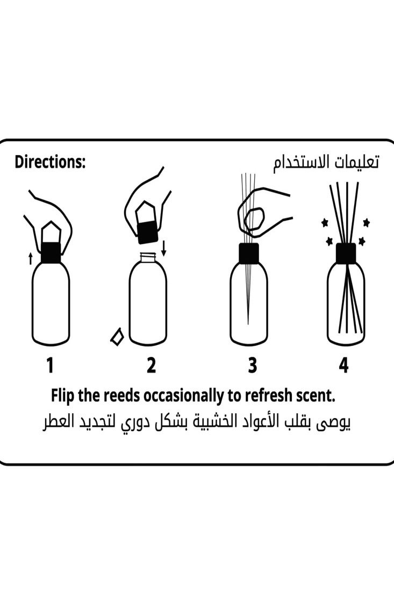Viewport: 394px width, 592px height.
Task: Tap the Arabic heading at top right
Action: (x=326, y=163)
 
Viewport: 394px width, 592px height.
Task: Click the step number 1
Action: (x=50, y=365)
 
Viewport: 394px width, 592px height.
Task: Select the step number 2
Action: (x=151, y=365)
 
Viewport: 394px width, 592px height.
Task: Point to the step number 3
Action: (x=252, y=365)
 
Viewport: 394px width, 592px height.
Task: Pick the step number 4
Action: (x=343, y=365)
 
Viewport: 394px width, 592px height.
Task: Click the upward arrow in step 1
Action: (x=30, y=258)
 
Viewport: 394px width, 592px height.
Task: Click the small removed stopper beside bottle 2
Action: (x=117, y=336)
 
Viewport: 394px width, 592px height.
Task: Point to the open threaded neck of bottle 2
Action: (x=148, y=258)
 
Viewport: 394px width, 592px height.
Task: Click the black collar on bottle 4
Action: (x=346, y=253)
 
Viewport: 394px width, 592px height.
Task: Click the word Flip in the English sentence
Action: (x=63, y=396)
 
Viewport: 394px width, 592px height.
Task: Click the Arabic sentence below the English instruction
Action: (x=197, y=424)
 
